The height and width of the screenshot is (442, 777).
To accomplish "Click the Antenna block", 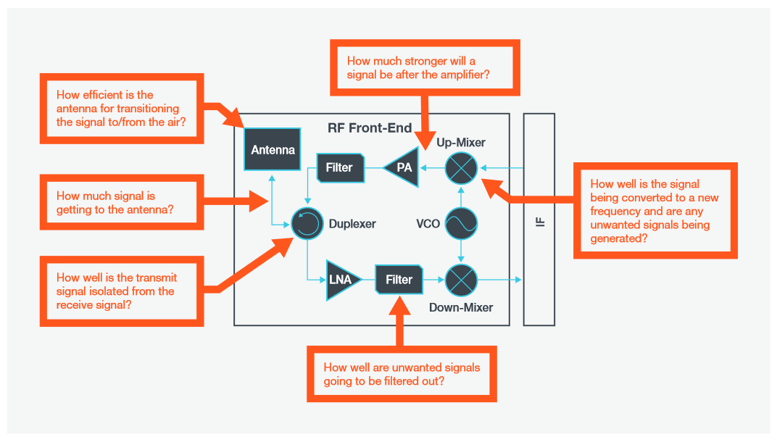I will pos(273,151).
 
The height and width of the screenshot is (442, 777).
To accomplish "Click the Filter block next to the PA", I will pos(338,168).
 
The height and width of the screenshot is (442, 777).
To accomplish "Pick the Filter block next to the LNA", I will pos(399,280).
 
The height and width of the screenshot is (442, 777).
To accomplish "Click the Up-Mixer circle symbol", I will pos(461,168).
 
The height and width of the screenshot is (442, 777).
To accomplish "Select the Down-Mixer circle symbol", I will pos(461,280).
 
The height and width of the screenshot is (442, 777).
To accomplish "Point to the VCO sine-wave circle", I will pos(461,224).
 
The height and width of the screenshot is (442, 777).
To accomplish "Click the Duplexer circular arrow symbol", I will pos(307,224).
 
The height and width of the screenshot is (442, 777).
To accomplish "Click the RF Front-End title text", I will pos(370,128).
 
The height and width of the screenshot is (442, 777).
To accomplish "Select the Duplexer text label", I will pos(352,224).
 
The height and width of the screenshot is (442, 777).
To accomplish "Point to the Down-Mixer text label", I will pos(461,308).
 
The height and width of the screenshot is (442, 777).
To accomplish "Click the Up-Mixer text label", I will pos(461,143).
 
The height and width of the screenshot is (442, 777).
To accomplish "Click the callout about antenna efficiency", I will pos(120,109).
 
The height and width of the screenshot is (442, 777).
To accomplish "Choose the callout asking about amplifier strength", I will pos(425,68).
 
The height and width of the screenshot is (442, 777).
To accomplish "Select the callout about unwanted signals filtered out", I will pos(402,374).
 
